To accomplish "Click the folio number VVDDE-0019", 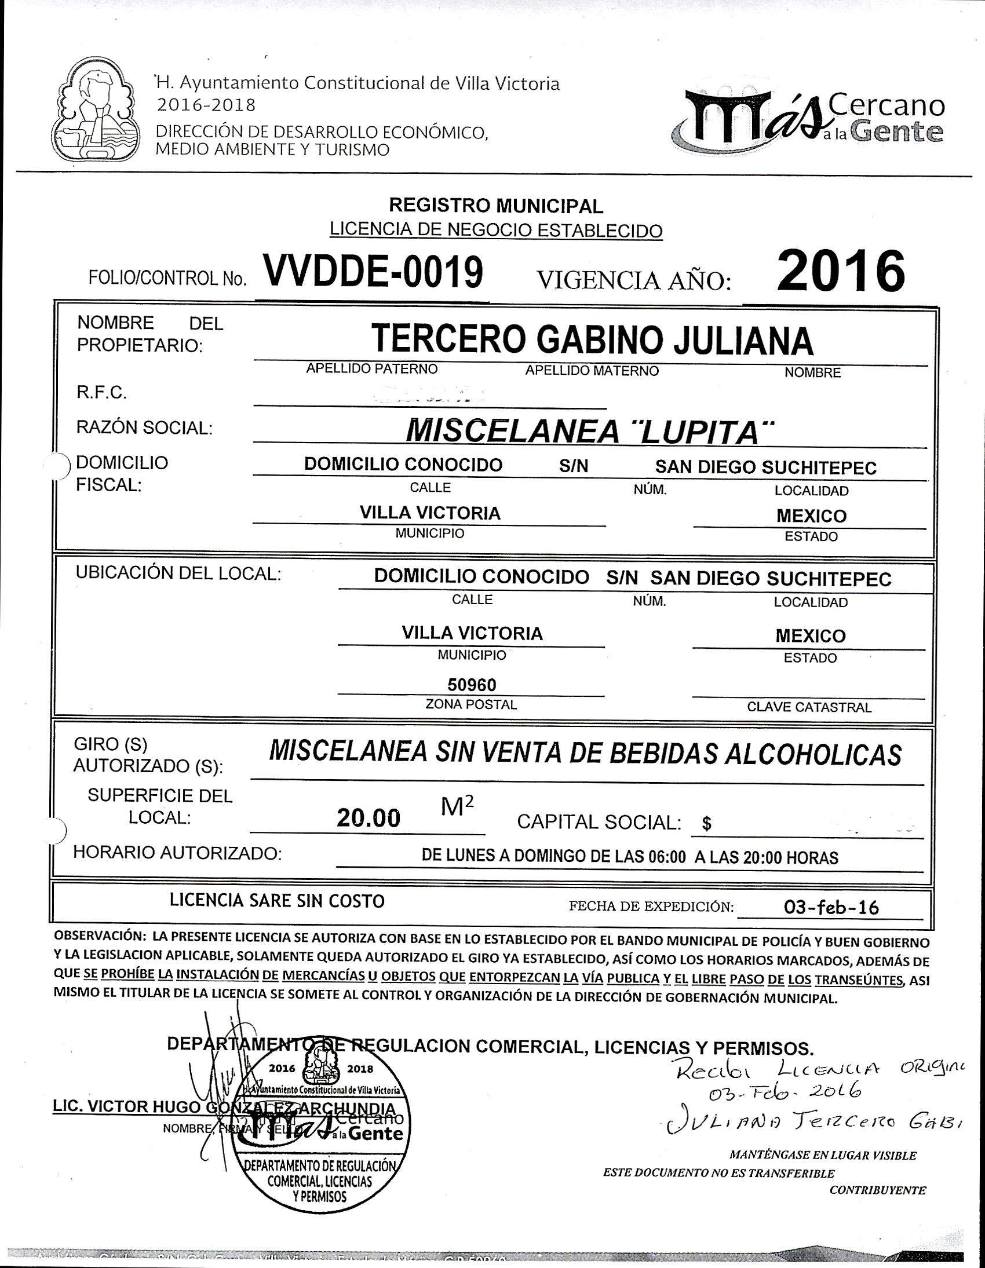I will coord(374,272).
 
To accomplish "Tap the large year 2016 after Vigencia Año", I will coord(840,271).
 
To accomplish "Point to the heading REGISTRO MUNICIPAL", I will coord(496,205).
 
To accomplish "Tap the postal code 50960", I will coord(472,685).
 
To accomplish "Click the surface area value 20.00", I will coord(369,818).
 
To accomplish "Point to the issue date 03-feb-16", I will coord(831,908).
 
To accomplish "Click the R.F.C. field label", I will coord(101,393).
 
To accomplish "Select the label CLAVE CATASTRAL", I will coord(809,707).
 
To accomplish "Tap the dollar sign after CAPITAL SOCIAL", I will coord(706,824).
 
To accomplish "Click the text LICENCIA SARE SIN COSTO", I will coord(277,901).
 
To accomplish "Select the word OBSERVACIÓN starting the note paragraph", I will coord(97,937).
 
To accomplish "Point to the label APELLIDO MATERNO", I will coord(592,370).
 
